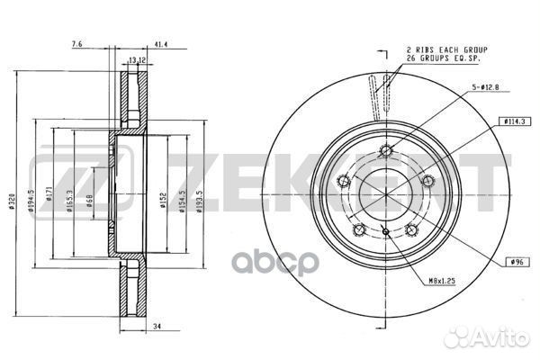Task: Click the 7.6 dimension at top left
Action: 76,43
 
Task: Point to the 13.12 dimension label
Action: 138,61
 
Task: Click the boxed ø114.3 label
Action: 515,121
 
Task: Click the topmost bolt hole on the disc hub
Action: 385,150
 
